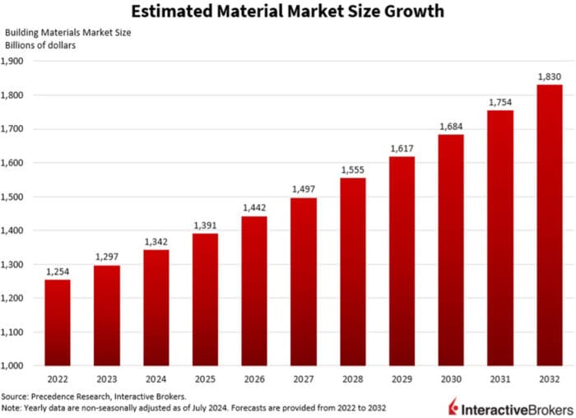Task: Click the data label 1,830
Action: tap(549, 77)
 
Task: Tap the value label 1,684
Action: tap(450, 126)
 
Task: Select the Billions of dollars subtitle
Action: tap(40, 44)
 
